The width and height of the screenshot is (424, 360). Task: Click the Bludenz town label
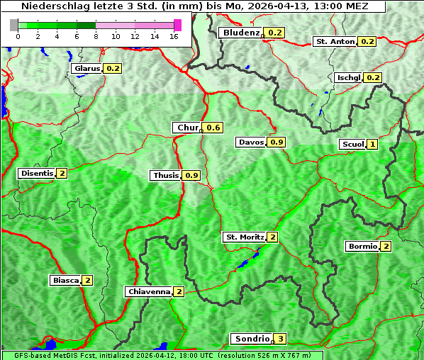coord(240,33)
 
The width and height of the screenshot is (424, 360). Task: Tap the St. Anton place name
coord(335,41)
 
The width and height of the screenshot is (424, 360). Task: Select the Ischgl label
coord(349,77)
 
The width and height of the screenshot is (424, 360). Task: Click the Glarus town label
coord(87,68)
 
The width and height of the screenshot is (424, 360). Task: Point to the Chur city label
coord(187,128)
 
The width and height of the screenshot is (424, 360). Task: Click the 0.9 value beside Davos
coord(277,142)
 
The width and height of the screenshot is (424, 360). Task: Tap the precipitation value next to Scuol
coord(372,145)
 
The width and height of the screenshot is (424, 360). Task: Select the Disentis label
coord(37,173)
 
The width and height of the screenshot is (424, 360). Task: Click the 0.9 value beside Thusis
coord(191,175)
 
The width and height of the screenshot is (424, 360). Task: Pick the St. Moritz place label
coord(244,237)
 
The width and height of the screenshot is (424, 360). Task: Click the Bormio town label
coord(362,246)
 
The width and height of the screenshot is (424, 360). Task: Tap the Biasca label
coord(65,280)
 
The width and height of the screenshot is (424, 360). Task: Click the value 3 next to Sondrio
coord(281,339)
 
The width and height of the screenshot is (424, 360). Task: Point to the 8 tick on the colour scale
coord(95,35)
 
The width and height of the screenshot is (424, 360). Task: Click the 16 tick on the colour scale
coord(173,35)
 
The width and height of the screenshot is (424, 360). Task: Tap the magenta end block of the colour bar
coord(177,25)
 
